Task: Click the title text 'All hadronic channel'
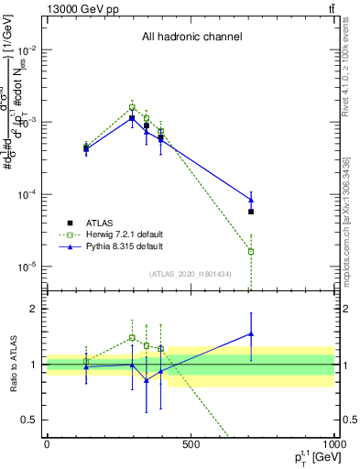point(191,38)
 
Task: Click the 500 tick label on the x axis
point(191,444)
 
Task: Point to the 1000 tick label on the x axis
point(333,444)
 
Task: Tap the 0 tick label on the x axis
point(47,444)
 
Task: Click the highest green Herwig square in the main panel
point(132,107)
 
